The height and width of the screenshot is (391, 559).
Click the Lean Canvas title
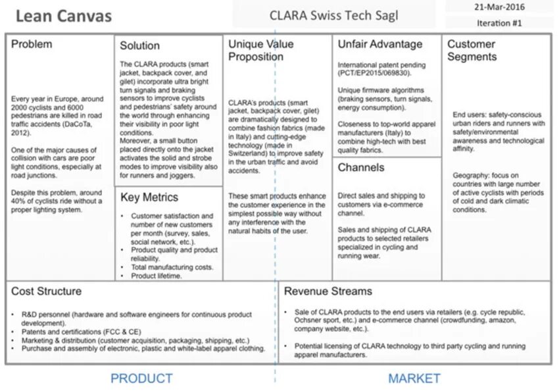point(63,16)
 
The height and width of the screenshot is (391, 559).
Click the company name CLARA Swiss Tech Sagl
point(333,16)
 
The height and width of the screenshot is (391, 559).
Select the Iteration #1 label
point(499,23)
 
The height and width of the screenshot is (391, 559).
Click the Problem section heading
point(32,44)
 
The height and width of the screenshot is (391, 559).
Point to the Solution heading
point(139,45)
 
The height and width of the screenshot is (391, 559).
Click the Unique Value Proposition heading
point(260,50)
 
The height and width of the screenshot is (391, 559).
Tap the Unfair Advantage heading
point(379,44)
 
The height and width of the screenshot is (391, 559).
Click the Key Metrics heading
point(149,197)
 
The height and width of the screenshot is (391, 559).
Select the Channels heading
point(360,167)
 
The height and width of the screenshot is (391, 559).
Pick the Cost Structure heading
point(46,291)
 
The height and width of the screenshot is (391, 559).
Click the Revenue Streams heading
point(328,291)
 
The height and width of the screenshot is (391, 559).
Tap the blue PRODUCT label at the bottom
point(141,378)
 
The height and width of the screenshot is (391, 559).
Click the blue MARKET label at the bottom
point(414,378)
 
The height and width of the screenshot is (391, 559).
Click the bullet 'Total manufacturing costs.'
point(172,267)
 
